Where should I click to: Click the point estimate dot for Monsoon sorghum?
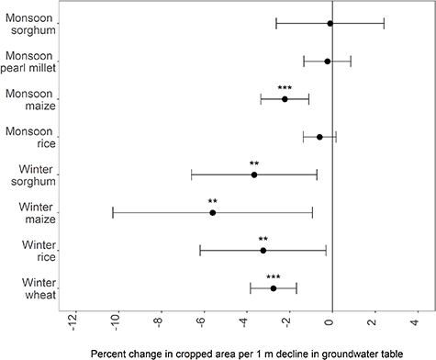click(330, 23)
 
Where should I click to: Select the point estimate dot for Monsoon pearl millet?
click(327, 62)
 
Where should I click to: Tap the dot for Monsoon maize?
click(285, 99)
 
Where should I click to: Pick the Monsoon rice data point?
click(319, 137)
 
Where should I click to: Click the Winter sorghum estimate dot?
click(254, 174)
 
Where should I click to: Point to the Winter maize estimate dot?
click(212, 212)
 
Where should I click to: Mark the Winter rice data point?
click(263, 250)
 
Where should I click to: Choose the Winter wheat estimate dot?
click(274, 288)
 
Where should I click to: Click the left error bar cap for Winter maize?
click(112, 212)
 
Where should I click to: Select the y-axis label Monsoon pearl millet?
click(31, 61)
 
